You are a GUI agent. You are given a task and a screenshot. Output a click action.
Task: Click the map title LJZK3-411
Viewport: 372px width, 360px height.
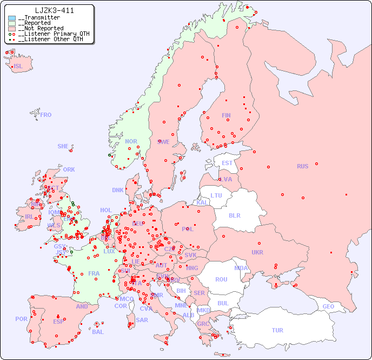click(54, 10)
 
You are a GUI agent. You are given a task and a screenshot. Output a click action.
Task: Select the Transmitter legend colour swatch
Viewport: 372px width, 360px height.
click(12, 18)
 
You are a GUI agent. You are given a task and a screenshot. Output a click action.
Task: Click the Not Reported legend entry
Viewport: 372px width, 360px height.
click(40, 28)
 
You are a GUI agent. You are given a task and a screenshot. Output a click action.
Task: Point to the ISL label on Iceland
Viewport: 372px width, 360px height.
click(18, 67)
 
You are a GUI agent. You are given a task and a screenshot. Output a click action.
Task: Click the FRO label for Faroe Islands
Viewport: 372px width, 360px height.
click(46, 115)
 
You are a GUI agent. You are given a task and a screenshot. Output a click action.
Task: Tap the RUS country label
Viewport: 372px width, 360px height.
click(302, 166)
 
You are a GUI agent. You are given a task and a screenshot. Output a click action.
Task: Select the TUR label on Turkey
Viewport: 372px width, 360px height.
click(277, 330)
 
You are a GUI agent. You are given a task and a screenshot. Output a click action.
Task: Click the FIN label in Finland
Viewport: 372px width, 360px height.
click(226, 115)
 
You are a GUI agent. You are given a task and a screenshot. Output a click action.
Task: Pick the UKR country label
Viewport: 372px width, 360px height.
click(257, 252)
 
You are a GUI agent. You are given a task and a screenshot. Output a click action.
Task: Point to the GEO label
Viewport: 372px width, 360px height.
click(328, 306)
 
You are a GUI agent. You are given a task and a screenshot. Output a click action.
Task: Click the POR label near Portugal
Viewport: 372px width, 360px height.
click(21, 319)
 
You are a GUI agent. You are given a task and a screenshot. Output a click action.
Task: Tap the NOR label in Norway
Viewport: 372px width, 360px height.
click(131, 141)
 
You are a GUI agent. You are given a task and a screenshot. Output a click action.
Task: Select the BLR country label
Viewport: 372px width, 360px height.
click(234, 215)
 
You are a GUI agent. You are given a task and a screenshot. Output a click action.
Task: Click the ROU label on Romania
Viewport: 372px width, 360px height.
click(221, 279)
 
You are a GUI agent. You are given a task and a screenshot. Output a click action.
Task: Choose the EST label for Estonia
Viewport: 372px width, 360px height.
click(227, 163)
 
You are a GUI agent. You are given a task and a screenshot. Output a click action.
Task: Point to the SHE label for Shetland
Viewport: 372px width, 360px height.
click(63, 146)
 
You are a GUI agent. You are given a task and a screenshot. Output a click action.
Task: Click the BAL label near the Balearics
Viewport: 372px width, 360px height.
click(98, 332)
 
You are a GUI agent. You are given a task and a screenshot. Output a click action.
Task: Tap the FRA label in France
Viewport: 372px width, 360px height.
click(94, 273)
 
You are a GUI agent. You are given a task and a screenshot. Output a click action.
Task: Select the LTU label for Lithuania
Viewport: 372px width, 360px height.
click(216, 195)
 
